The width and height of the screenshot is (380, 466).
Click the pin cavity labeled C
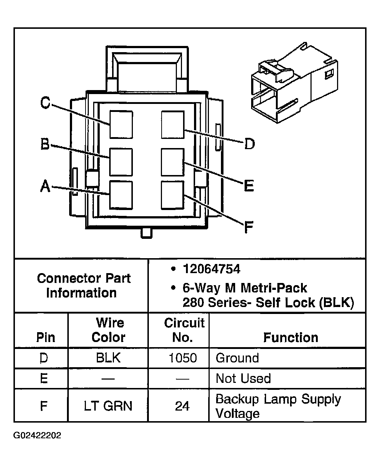coord(121,124)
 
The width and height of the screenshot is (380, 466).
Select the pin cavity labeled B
coord(121,162)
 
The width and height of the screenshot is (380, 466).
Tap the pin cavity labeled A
coord(121,195)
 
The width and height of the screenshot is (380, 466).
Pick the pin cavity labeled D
coord(173,124)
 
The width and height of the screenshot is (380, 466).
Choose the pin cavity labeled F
coord(173,195)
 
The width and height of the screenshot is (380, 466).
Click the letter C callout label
coord(45,103)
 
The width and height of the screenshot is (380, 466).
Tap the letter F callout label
coord(248,227)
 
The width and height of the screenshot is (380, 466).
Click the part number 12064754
coord(211,269)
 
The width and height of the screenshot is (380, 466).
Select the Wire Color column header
coord(108,330)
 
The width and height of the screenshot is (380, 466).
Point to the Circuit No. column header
coord(184,330)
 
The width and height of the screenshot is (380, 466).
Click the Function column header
coord(290,338)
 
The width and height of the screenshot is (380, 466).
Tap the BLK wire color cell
coord(108,358)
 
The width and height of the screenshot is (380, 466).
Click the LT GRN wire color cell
coord(108,406)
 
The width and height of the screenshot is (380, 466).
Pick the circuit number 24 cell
coord(182,406)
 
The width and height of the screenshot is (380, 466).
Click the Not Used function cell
coord(243,378)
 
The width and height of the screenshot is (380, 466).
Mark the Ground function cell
coord(237,358)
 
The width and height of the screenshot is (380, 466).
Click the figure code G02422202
coord(37,436)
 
